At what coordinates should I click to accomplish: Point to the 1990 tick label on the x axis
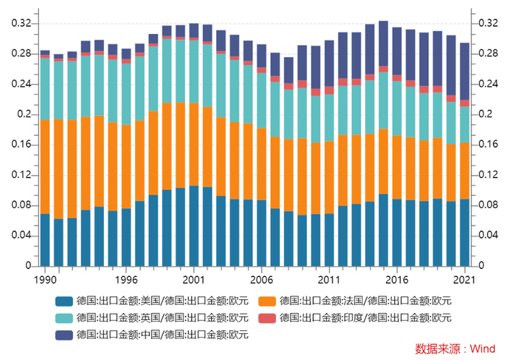45,279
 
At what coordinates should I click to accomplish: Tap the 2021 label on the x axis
464,279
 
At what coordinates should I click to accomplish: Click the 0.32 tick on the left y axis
21,23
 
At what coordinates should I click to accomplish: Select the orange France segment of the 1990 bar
45,166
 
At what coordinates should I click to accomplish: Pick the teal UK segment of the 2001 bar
194,72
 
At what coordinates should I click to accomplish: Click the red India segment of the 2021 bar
464,103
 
